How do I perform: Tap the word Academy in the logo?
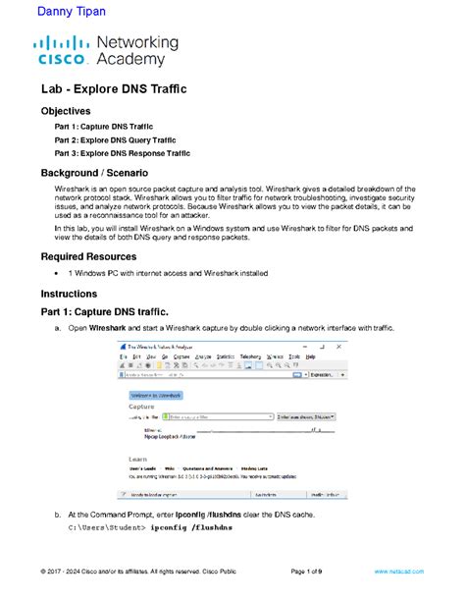pyautogui.click(x=137, y=60)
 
